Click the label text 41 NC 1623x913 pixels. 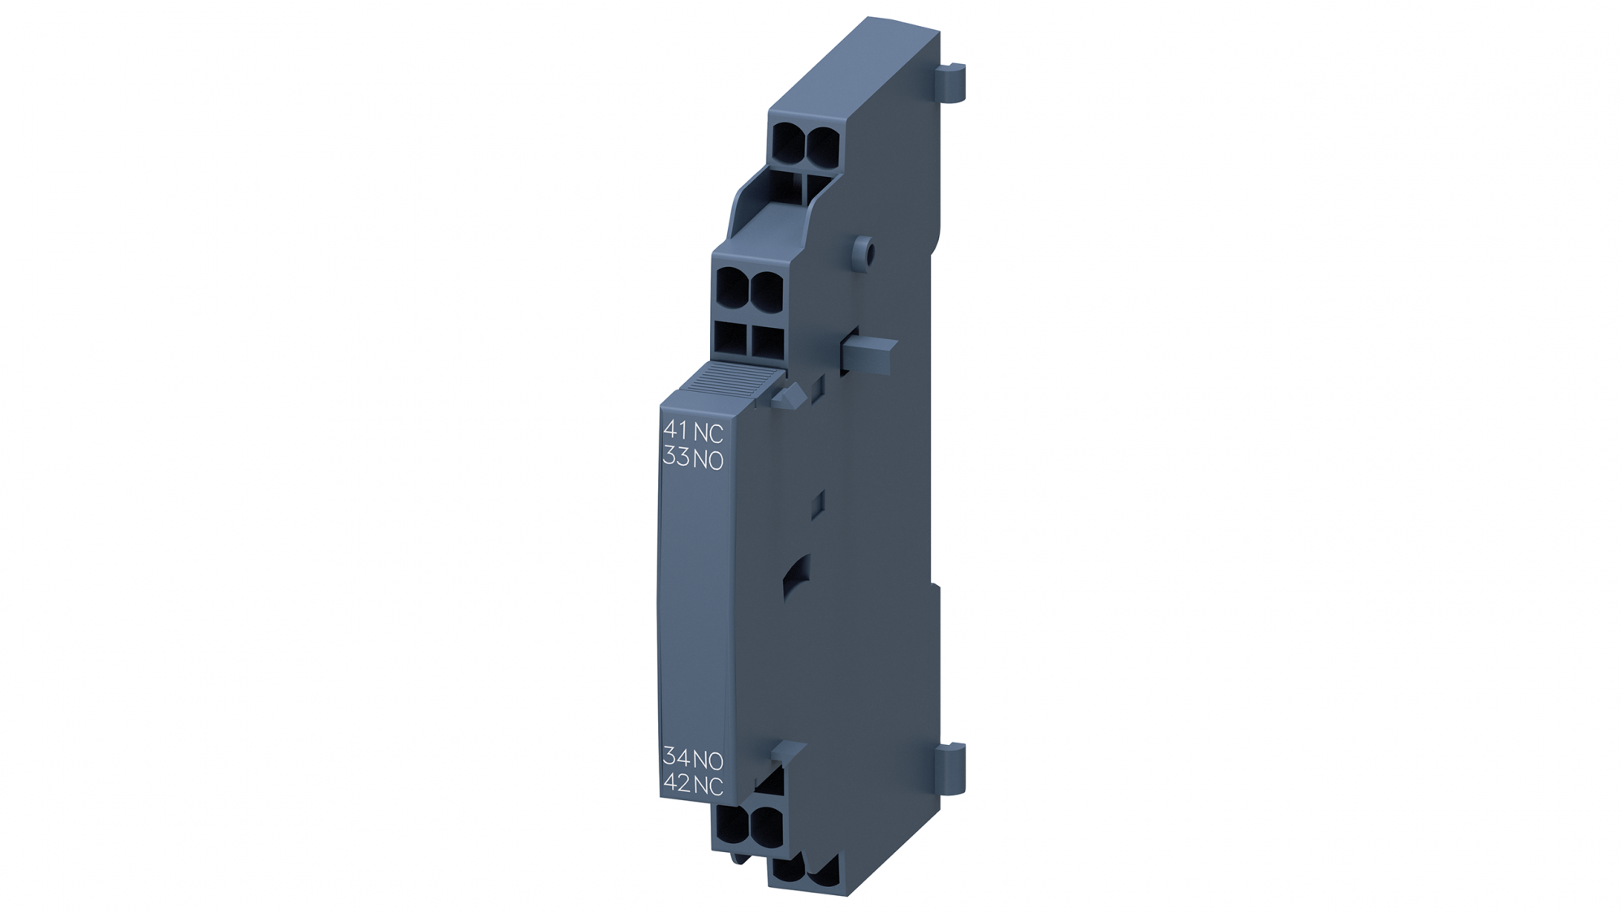(692, 431)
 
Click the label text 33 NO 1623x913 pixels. (692, 459)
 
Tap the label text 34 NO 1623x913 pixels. (692, 759)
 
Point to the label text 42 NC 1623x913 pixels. (692, 785)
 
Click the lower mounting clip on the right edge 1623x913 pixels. (952, 768)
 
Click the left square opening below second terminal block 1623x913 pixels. (730, 341)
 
